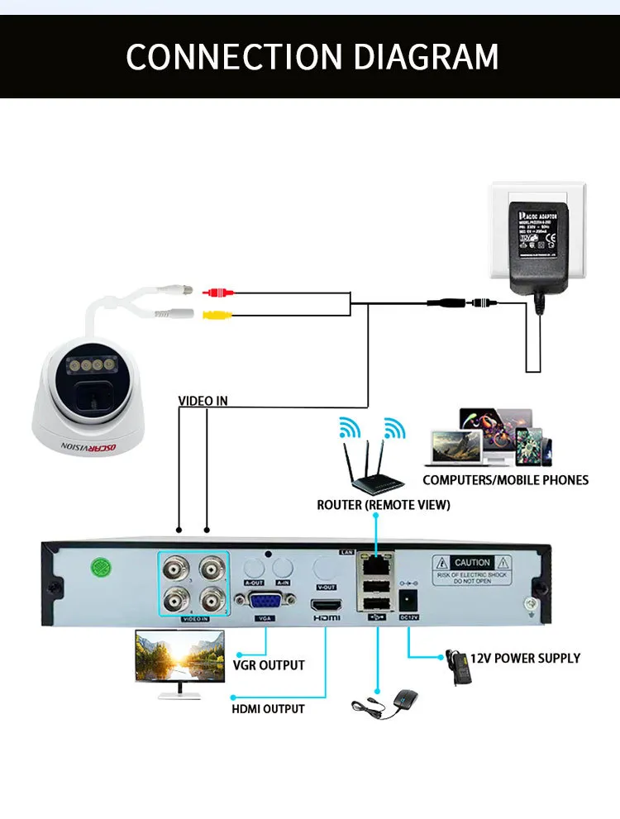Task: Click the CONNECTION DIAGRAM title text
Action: (x=312, y=56)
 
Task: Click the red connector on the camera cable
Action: (x=218, y=292)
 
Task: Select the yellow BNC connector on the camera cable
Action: (x=218, y=314)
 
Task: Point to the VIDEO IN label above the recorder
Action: (x=203, y=401)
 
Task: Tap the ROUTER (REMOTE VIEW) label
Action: (x=384, y=504)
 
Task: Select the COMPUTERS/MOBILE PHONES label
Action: (x=505, y=479)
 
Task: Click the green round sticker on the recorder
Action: (x=101, y=569)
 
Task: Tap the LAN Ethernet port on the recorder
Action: (x=376, y=565)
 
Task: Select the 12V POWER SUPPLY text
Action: (x=525, y=658)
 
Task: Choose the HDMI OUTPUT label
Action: (x=267, y=708)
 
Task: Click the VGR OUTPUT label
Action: (x=268, y=664)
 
